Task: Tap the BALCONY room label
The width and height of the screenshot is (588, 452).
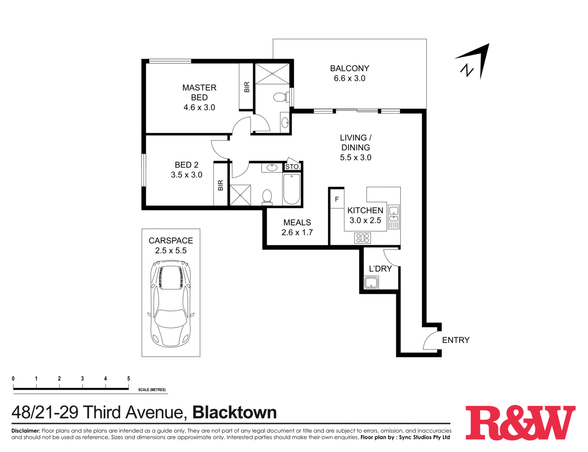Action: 349,68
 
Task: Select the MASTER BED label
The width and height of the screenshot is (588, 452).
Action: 199,92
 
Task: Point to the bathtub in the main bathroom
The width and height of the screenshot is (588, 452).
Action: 292,189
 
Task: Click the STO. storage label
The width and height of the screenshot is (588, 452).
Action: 292,167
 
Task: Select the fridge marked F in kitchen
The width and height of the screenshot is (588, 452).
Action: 337,199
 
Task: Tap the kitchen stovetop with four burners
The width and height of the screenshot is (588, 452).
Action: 362,238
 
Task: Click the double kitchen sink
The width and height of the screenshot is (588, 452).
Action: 393,215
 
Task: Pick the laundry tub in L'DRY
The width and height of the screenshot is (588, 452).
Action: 371,283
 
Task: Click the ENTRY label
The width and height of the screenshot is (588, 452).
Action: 456,340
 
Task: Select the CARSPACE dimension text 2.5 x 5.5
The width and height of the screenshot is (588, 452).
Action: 171,251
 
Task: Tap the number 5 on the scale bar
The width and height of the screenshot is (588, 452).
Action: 129,379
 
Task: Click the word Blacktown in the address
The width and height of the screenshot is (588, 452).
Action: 234,413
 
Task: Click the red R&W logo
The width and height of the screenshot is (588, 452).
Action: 520,423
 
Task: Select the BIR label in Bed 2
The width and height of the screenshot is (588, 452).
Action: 220,185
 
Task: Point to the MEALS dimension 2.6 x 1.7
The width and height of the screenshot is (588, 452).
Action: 297,232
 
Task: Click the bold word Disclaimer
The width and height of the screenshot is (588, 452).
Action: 26,431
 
